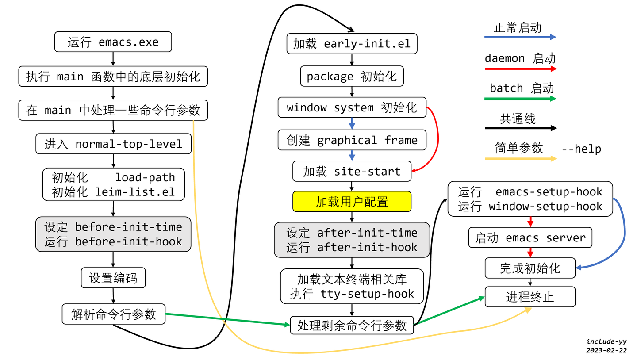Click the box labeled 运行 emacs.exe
pos(113,42)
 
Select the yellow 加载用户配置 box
pos(352,202)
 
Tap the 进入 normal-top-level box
pos(113,144)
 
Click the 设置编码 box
pos(113,278)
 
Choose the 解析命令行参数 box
pos(113,314)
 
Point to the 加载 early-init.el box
pos(352,44)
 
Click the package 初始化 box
pos(352,76)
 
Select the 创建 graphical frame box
pos(352,140)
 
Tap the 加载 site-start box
pos(352,171)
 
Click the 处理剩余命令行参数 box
pos(352,326)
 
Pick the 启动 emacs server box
pos(530,238)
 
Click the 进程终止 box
pos(530,297)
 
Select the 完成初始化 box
pos(530,268)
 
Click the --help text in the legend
pos(581,149)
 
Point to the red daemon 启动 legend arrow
pos(520,69)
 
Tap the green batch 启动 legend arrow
pos(520,99)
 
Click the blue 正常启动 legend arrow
pos(520,38)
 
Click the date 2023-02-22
pos(606,350)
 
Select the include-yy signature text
pos(606,341)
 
